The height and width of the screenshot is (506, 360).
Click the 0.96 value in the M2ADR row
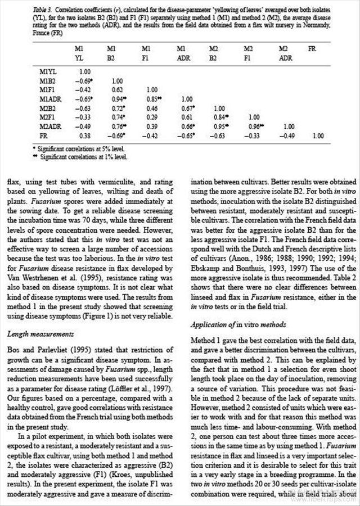[x=249, y=126]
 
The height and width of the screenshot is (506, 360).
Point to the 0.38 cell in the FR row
[x=84, y=135]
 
